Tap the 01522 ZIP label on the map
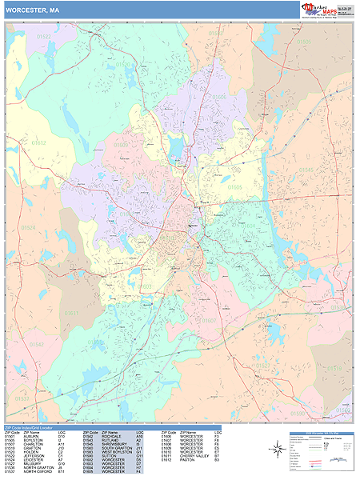(x=43, y=37)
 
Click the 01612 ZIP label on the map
(x=39, y=143)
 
